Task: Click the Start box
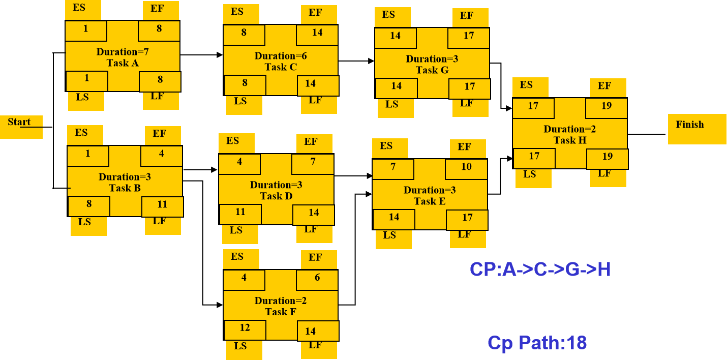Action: click(x=21, y=127)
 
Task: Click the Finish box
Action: click(x=696, y=129)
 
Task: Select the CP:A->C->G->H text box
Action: click(x=540, y=269)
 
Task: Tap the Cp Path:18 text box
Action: click(x=537, y=343)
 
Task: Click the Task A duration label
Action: click(x=123, y=52)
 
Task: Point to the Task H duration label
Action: click(x=569, y=129)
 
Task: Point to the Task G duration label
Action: click(x=432, y=59)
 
